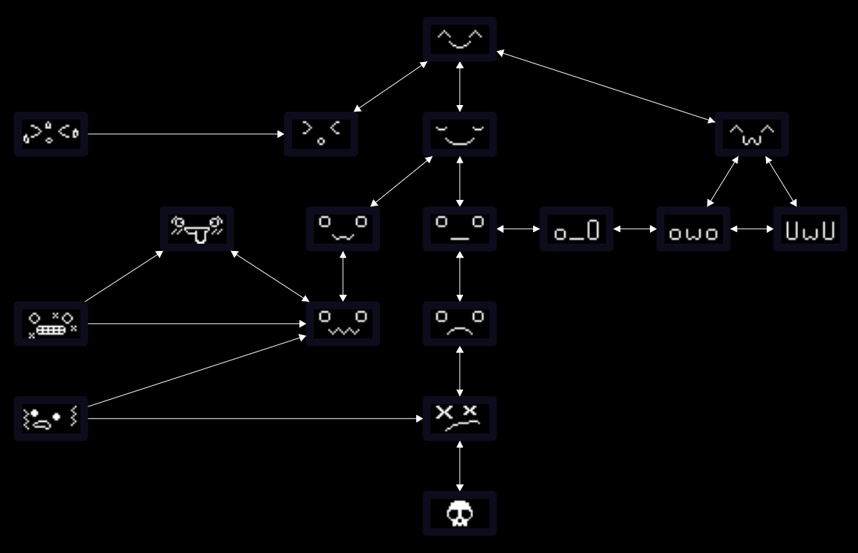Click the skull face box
459,514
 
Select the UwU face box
810,229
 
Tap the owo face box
693,229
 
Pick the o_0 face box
576,229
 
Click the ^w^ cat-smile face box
751,134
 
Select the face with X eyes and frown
459,419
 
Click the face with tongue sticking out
196,229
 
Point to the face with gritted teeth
50,324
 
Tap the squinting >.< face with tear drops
50,134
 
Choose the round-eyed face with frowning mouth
459,324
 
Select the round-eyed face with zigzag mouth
342,324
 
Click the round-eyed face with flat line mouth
459,229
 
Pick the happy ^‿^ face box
459,39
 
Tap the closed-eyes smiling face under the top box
459,134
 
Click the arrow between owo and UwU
751,229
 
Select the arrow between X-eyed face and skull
459,466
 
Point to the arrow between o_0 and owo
635,229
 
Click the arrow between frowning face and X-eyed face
459,371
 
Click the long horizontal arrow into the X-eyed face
256,419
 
